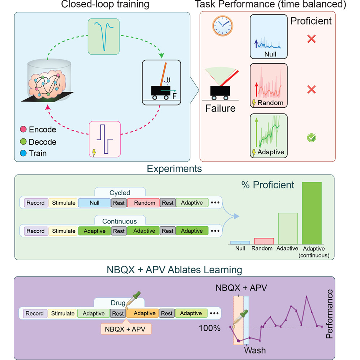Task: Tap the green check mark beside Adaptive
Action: click(x=311, y=138)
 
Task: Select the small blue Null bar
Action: click(x=240, y=243)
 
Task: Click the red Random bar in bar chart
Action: click(x=263, y=241)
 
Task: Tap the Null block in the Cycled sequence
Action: click(x=94, y=203)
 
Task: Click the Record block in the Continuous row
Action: click(x=35, y=231)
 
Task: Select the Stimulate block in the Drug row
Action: click(x=62, y=313)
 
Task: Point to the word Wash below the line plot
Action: click(x=255, y=350)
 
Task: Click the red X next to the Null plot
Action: click(x=311, y=39)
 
